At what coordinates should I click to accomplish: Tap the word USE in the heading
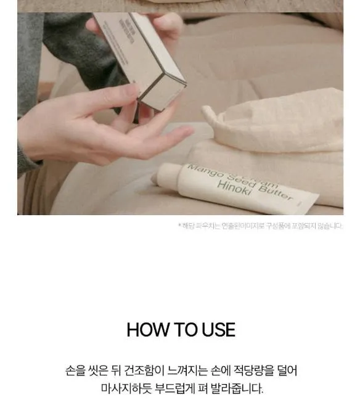pyautogui.click(x=218, y=330)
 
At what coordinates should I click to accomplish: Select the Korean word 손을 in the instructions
pyautogui.click(x=76, y=371)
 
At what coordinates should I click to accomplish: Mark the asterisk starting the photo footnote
pyautogui.click(x=180, y=225)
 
